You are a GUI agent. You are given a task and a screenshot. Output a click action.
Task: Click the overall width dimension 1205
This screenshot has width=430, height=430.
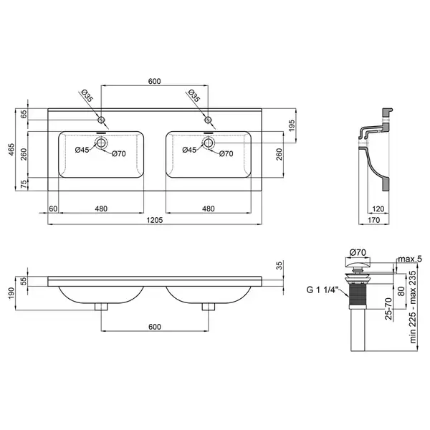(x=155, y=220)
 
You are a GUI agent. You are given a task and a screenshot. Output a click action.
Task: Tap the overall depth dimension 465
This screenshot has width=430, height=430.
(x=11, y=150)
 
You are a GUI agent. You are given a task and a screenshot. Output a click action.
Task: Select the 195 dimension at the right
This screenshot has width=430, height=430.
(x=292, y=125)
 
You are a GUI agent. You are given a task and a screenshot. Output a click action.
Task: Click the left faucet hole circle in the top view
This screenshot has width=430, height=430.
(x=101, y=120)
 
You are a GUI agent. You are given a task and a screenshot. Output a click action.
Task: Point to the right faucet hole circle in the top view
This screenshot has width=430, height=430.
(x=208, y=120)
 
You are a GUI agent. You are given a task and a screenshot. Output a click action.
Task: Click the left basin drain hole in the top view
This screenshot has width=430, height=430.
(x=101, y=143)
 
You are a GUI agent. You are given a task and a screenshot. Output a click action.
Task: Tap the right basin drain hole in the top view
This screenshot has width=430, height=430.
(x=208, y=143)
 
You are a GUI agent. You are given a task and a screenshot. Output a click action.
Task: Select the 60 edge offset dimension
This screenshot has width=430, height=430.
(x=53, y=209)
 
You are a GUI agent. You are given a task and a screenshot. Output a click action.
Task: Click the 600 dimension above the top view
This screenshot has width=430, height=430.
(x=154, y=82)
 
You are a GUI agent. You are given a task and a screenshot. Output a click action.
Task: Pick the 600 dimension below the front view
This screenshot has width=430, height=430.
(x=155, y=327)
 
